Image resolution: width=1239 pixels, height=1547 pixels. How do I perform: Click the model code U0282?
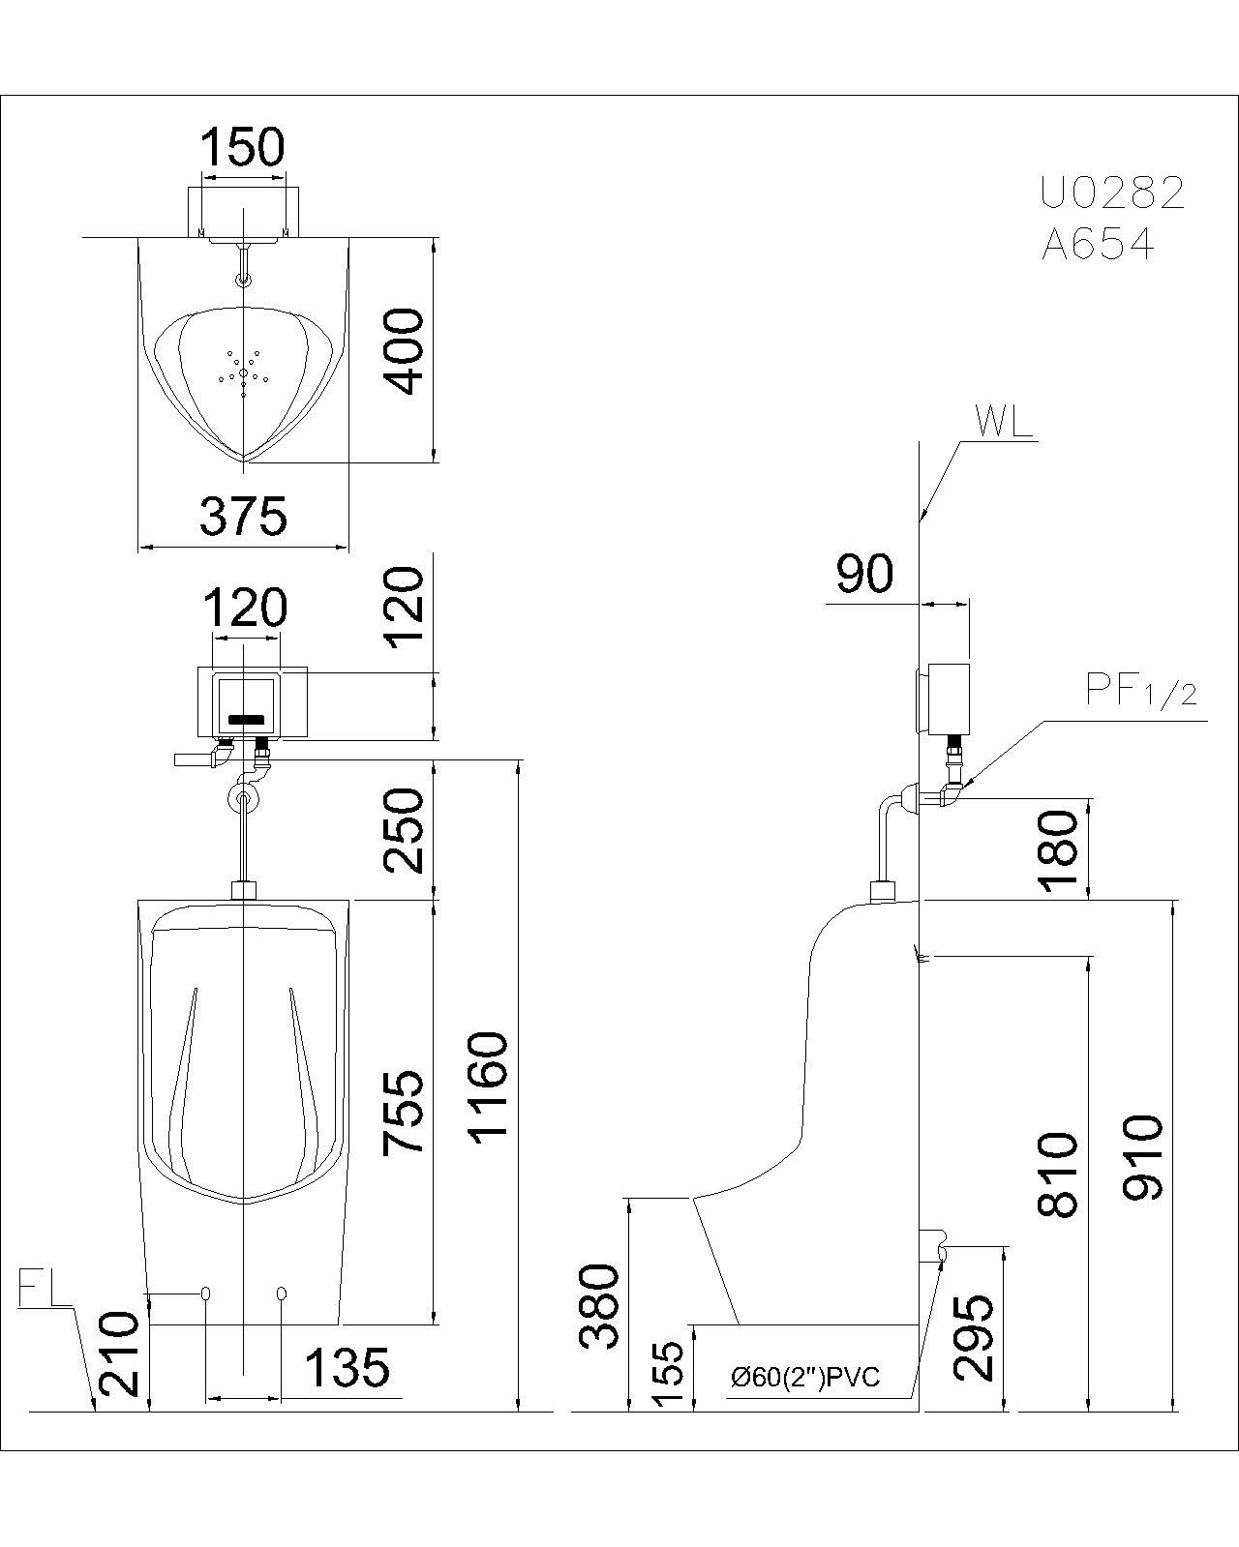point(1112,193)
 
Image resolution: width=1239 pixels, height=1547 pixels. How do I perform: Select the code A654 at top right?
point(1099,246)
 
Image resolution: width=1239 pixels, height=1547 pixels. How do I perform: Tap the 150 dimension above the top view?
point(242,148)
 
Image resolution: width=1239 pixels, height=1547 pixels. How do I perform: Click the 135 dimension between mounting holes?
point(347,1368)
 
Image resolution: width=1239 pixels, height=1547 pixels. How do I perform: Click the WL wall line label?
point(1004,422)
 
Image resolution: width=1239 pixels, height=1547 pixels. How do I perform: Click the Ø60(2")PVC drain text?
point(805,1377)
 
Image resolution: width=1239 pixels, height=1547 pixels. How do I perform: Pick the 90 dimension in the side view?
point(864,575)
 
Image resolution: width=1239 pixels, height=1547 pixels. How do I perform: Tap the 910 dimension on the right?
point(1143,1157)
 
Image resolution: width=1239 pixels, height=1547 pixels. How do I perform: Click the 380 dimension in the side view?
point(599,1305)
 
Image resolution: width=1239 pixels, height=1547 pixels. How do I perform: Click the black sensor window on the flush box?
point(246,720)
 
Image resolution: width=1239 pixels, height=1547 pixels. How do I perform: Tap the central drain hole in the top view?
point(243,373)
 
